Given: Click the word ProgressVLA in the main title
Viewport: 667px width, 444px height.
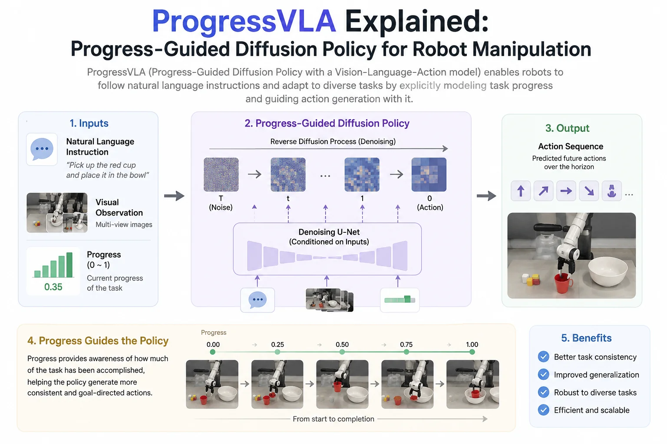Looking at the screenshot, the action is pyautogui.click(x=244, y=21).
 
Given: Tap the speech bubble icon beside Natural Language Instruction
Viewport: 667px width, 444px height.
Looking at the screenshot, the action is pyautogui.click(x=42, y=149).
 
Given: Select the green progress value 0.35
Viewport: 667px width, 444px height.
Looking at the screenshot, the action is pyautogui.click(x=53, y=287).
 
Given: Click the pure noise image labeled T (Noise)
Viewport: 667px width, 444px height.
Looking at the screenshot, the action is pyautogui.click(x=221, y=175).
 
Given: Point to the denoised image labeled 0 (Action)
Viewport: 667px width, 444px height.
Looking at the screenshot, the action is pyautogui.click(x=429, y=175).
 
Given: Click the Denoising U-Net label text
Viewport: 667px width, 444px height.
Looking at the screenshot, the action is pyautogui.click(x=329, y=232).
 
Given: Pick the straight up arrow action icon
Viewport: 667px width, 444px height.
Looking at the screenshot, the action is pyautogui.click(x=521, y=191).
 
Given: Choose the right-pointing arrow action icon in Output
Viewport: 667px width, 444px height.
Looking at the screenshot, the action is pyautogui.click(x=566, y=191).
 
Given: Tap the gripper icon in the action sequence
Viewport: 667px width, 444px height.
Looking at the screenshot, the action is pyautogui.click(x=611, y=191).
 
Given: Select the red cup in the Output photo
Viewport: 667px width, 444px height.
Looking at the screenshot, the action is pyautogui.click(x=563, y=284).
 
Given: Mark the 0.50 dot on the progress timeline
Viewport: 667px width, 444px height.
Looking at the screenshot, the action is pyautogui.click(x=342, y=352).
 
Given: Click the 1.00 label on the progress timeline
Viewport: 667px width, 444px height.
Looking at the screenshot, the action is pyautogui.click(x=472, y=344).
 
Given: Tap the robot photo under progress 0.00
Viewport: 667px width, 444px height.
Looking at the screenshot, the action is pyautogui.click(x=212, y=384).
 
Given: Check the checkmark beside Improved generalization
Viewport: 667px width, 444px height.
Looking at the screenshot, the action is pyautogui.click(x=543, y=375).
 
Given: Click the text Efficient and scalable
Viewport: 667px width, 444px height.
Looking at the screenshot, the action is pyautogui.click(x=592, y=410).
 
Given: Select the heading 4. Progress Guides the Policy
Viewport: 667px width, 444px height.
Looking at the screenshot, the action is pyautogui.click(x=98, y=340).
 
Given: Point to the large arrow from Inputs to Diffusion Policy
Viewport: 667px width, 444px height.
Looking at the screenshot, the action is pyautogui.click(x=175, y=196).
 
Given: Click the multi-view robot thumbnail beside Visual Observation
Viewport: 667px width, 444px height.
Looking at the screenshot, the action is pyautogui.click(x=57, y=212).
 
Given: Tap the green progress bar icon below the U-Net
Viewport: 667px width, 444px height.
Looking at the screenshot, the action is pyautogui.click(x=400, y=300).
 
